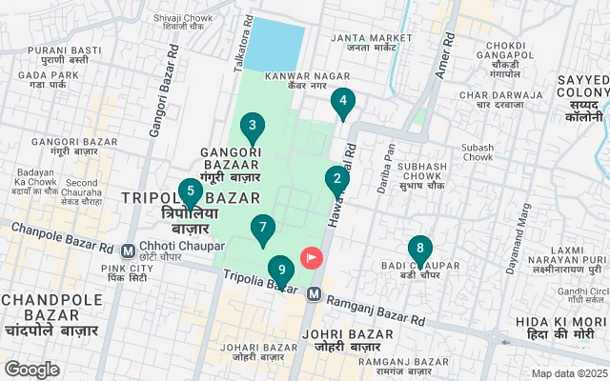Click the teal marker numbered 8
(x=419, y=251)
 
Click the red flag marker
(x=312, y=257)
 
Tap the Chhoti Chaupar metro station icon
(x=128, y=251)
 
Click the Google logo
(x=31, y=369)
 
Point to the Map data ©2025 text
(x=568, y=373)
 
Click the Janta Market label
(x=370, y=44)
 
